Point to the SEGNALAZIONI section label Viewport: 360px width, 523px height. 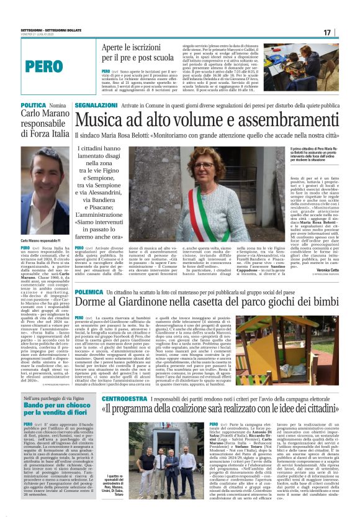pyautogui.click(x=97, y=107)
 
